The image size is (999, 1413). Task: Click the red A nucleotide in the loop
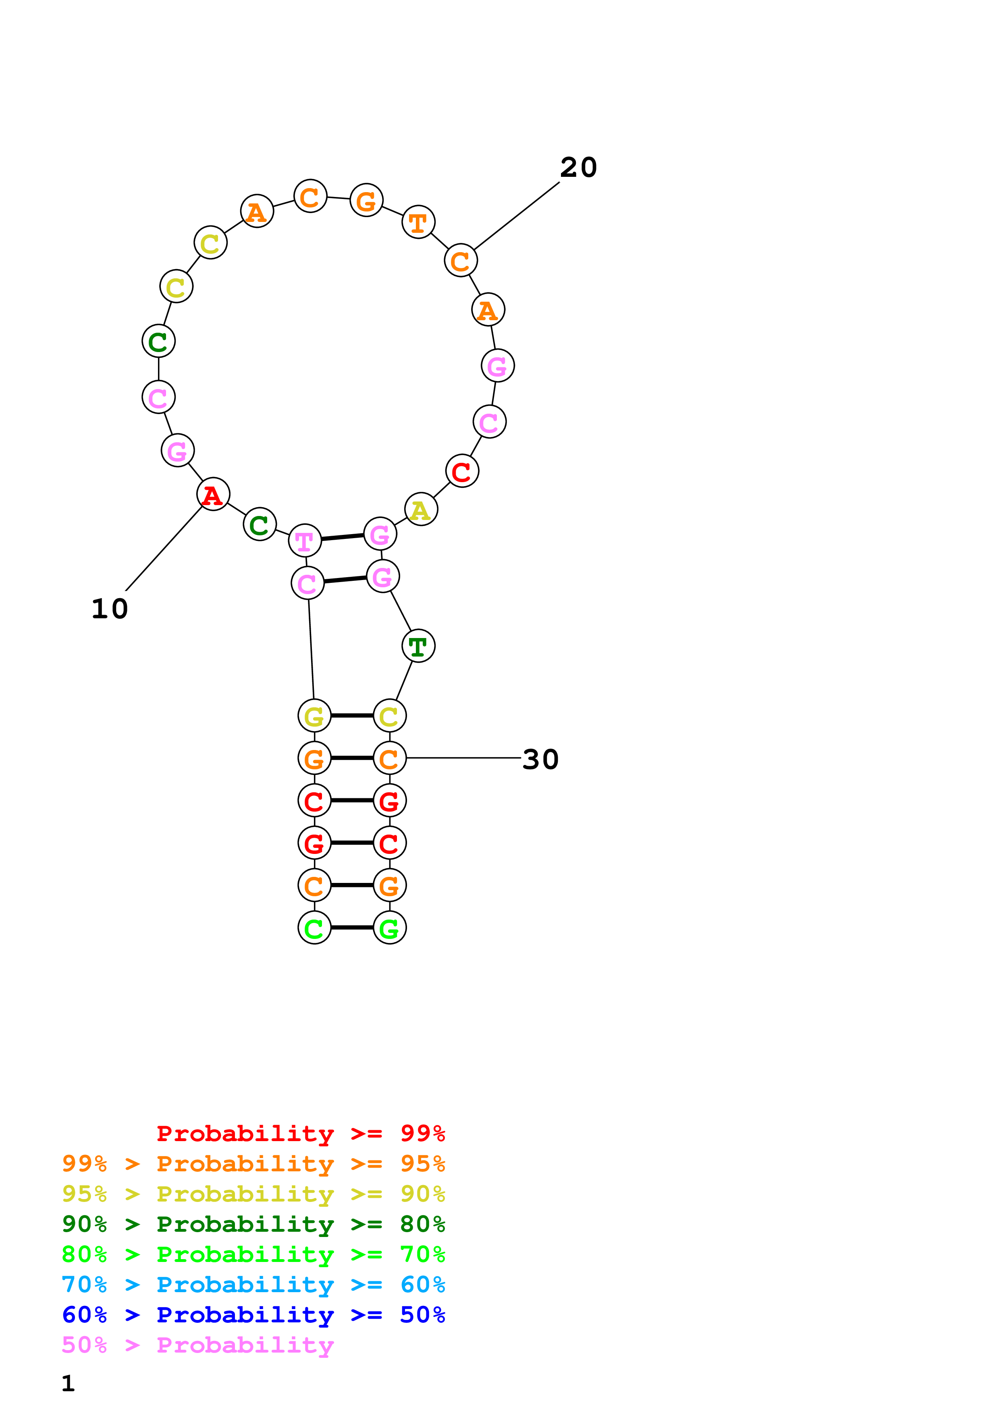(213, 494)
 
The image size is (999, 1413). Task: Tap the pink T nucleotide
(305, 541)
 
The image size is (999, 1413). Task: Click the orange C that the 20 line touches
(461, 261)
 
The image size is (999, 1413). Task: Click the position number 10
(110, 609)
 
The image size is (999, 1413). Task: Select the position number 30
(540, 759)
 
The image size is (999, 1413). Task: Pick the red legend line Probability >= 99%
(300, 1133)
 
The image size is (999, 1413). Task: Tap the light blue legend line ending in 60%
(253, 1285)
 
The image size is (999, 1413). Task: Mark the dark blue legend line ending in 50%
(253, 1315)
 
